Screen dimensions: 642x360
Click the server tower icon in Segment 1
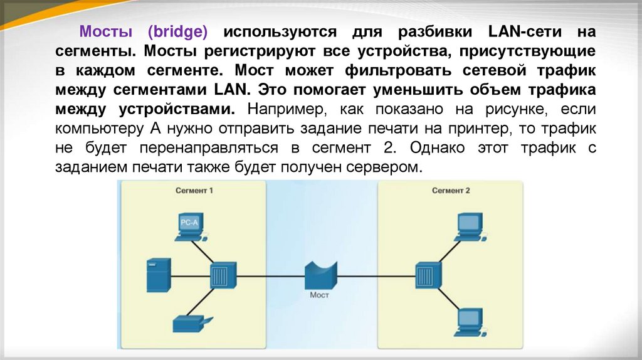coord(157,275)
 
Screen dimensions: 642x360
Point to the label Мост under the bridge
coord(319,294)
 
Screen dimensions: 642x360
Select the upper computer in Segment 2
coord(468,228)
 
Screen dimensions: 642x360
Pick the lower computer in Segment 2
coord(468,320)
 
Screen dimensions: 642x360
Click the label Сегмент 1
coord(194,190)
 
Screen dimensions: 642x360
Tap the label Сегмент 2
coord(451,190)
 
